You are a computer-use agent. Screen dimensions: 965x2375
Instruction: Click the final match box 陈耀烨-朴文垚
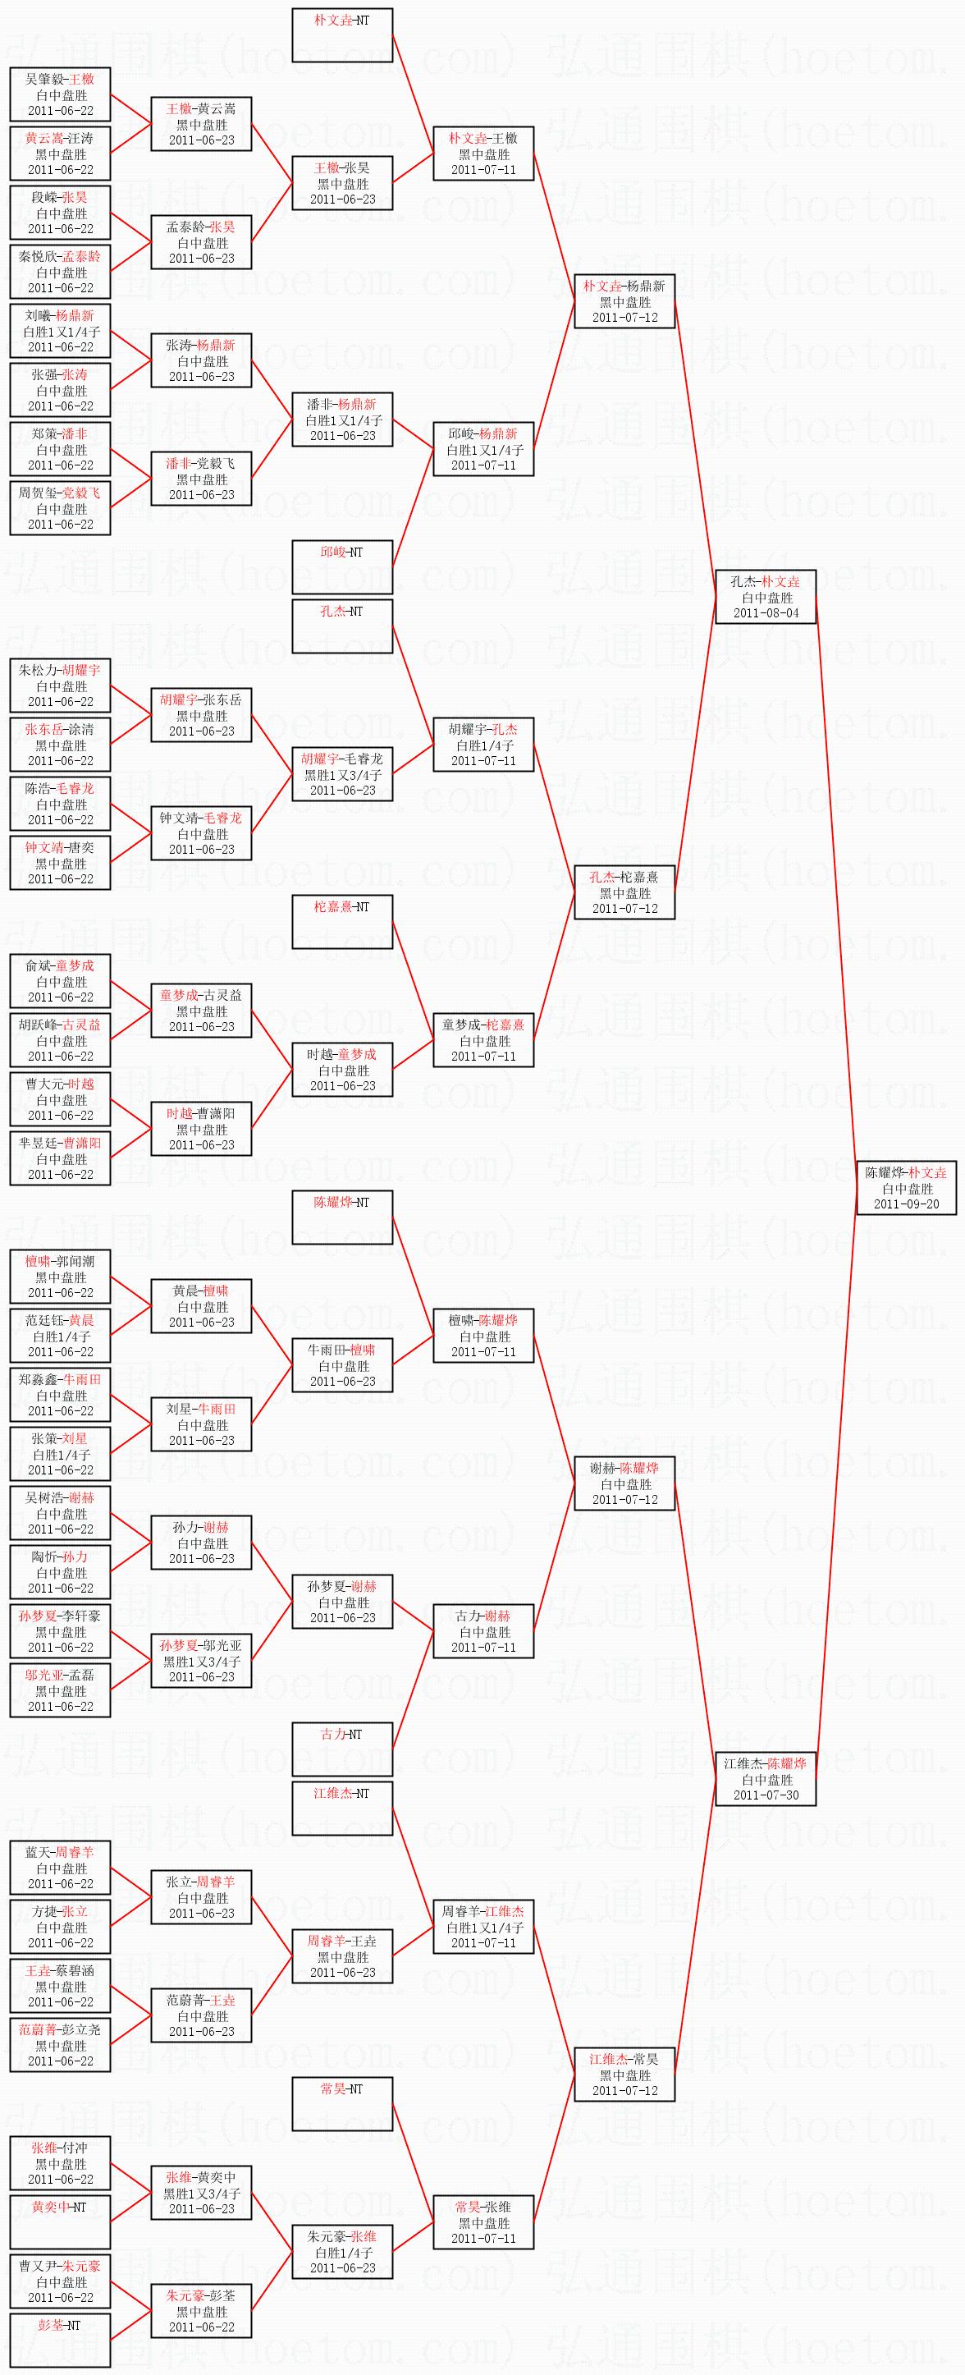[906, 1187]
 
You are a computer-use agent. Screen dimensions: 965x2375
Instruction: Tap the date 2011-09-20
[906, 1204]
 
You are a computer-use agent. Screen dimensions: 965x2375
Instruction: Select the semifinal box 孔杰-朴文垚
[765, 597]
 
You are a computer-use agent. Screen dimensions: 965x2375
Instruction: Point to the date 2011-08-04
[765, 613]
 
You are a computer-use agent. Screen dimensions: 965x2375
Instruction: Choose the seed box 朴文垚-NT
[342, 35]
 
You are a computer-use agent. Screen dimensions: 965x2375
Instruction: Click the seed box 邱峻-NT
[342, 567]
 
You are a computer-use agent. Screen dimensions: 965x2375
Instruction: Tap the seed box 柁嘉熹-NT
[342, 921]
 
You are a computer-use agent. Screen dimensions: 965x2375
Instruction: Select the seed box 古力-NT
[342, 1749]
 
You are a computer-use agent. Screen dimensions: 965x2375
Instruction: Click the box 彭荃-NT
[60, 2340]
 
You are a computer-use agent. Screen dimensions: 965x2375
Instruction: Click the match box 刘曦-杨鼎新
[60, 331]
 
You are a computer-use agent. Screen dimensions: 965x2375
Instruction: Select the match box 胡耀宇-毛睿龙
[342, 773]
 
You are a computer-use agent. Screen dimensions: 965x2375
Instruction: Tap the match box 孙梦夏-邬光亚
[201, 1661]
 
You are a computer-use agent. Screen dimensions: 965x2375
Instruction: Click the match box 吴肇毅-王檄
[60, 94]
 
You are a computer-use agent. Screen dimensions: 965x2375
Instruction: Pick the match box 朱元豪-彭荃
[201, 2310]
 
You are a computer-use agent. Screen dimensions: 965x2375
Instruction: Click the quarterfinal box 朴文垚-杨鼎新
[624, 301]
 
